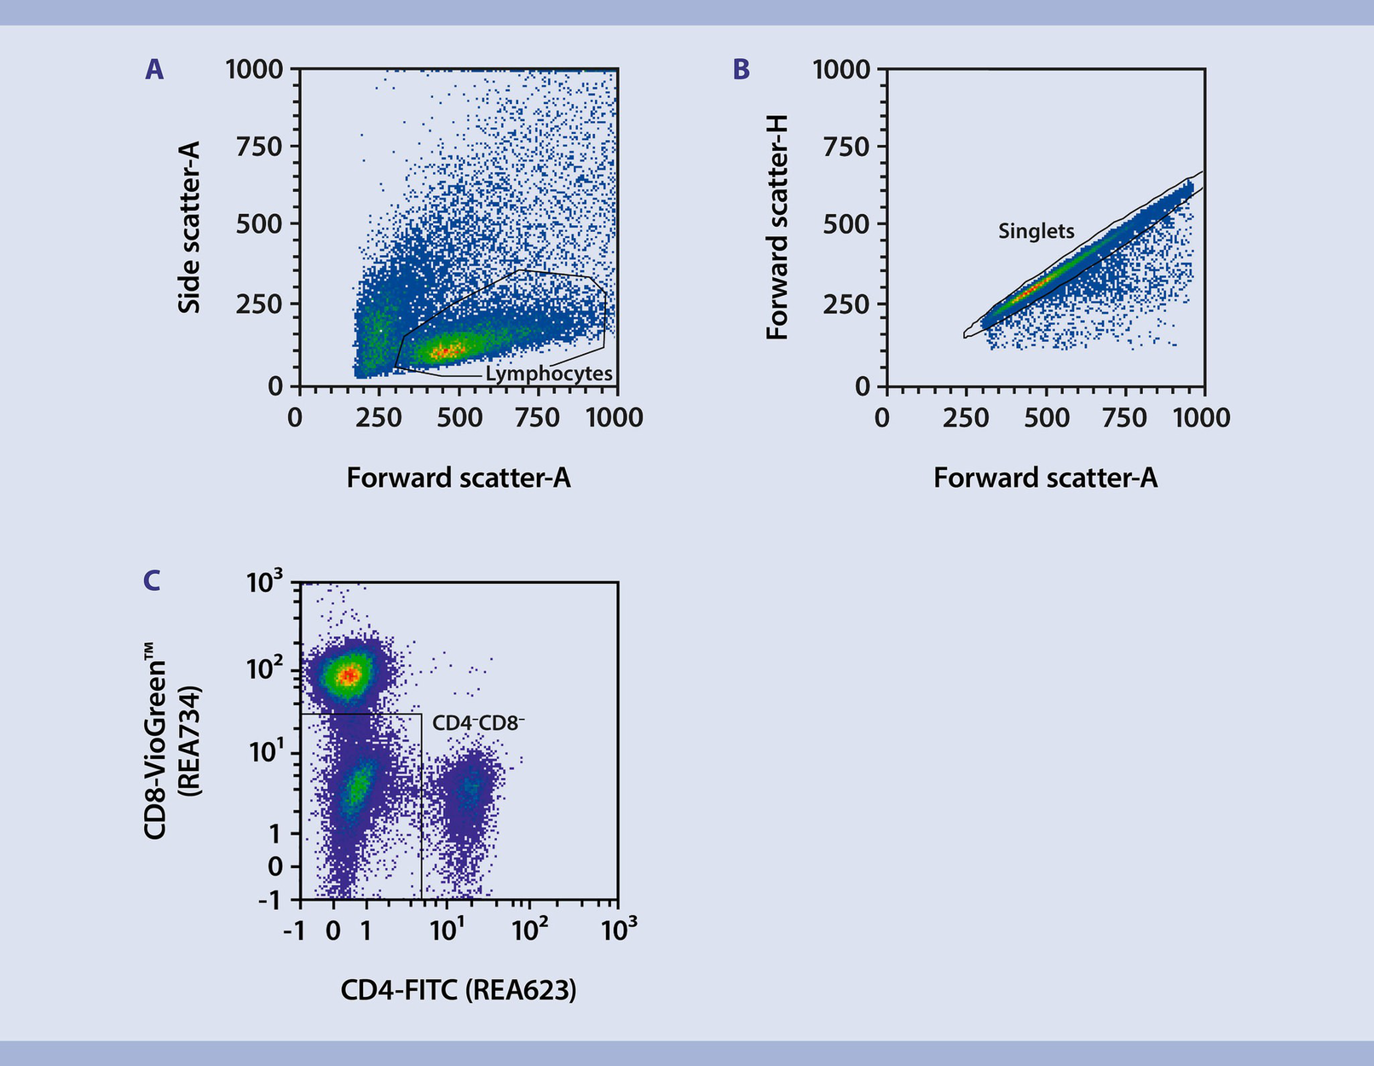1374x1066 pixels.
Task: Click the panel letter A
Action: coord(154,69)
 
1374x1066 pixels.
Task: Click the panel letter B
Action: coord(741,69)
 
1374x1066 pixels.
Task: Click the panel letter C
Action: coord(152,581)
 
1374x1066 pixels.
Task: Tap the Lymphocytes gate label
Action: coord(549,374)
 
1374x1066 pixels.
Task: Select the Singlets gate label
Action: coord(1036,231)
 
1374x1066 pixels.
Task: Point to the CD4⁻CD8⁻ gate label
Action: coord(478,723)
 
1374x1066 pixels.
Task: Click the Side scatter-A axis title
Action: coord(189,227)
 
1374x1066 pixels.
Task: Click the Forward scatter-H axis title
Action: coord(776,227)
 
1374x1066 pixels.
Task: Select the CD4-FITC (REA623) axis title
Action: coord(459,990)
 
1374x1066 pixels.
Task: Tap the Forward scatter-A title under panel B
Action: coord(1045,478)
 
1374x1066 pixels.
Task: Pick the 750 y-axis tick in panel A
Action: coord(259,147)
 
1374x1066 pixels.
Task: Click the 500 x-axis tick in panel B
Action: coord(1046,418)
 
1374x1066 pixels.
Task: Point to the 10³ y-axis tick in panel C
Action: coord(264,583)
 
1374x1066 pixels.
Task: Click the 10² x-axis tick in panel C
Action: coord(529,930)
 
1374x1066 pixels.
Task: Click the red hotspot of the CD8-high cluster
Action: coord(348,676)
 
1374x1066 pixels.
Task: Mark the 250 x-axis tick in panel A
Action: coord(378,418)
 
